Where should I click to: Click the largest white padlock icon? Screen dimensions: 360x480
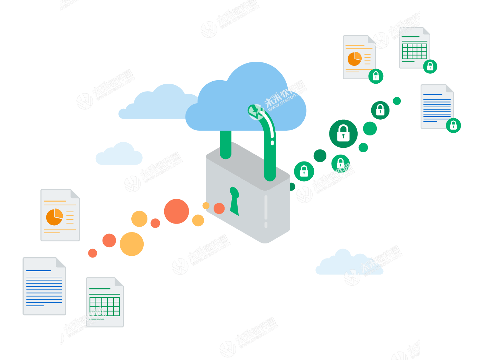343,133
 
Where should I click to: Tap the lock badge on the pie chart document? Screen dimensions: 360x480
376,76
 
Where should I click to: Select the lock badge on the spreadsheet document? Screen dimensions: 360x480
430,66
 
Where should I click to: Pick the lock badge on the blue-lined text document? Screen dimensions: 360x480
453,125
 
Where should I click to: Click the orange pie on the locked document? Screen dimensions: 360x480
355,59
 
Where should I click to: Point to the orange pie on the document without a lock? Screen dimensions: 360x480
54,217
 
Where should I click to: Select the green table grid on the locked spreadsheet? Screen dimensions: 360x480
415,51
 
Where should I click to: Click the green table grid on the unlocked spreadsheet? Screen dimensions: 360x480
104,306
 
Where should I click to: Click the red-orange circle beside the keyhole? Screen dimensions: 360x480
219,208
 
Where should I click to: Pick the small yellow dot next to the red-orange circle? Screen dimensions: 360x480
206,205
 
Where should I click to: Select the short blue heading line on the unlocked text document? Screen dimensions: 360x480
38,271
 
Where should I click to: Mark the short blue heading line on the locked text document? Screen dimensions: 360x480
433,94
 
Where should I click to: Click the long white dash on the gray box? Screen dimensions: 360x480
266,207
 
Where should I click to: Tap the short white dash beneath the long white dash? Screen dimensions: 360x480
266,225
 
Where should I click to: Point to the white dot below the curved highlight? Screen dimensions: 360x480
272,143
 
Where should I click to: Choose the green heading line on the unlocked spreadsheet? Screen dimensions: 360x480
100,289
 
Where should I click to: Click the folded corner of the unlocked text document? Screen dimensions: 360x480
60,263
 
